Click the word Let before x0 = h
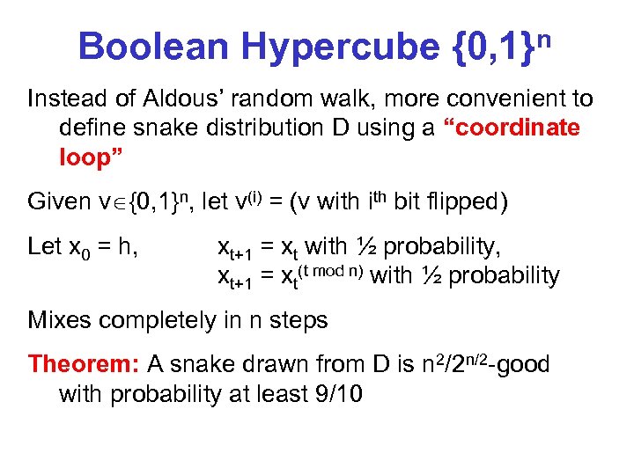click(x=45, y=246)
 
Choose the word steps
click(x=296, y=320)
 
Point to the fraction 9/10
click(x=336, y=393)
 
